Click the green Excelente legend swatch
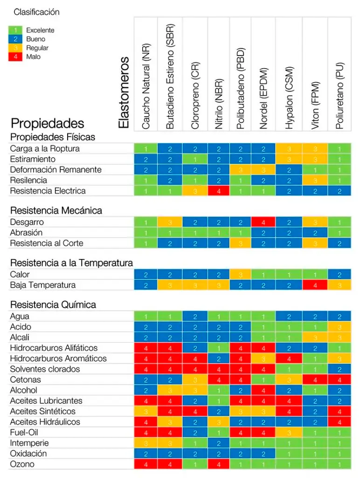point(15,30)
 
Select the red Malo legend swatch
point(15,57)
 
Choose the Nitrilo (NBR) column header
point(219,101)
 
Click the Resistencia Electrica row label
point(48,191)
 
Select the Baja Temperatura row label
point(42,285)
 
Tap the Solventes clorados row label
point(45,369)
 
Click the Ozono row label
point(22,464)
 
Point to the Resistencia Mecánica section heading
point(56,211)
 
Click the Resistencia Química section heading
point(53,305)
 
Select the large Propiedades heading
point(47,123)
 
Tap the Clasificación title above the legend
point(36,12)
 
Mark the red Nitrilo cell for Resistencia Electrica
point(219,191)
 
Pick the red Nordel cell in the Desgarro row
point(263,222)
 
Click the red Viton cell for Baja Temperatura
point(315,285)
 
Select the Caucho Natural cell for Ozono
point(146,464)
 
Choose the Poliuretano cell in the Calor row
point(340,274)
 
